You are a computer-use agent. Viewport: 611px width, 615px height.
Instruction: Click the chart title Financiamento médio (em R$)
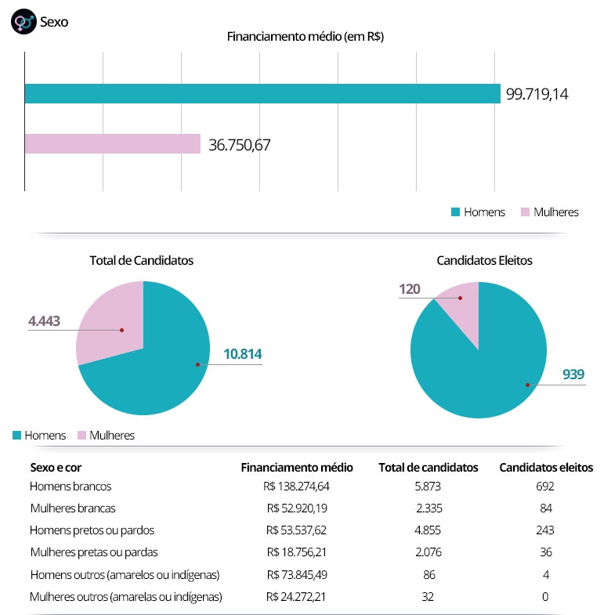305,36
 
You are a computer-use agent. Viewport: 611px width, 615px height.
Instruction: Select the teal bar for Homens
262,93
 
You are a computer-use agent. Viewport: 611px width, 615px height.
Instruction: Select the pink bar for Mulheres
113,144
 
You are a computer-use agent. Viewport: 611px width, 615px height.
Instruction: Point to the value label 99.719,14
537,94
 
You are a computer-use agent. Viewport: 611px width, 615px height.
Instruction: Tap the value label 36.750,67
240,145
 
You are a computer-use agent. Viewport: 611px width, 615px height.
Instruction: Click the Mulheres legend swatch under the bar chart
526,212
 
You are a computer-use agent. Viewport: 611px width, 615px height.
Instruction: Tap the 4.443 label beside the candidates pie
44,321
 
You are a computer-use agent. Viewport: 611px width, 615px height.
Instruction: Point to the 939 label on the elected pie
573,374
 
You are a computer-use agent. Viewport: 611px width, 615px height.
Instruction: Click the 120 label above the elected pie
410,289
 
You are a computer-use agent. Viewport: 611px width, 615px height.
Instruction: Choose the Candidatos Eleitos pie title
484,260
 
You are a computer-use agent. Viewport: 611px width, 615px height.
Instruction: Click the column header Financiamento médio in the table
297,467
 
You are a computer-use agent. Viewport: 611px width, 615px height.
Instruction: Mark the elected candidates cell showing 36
547,552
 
